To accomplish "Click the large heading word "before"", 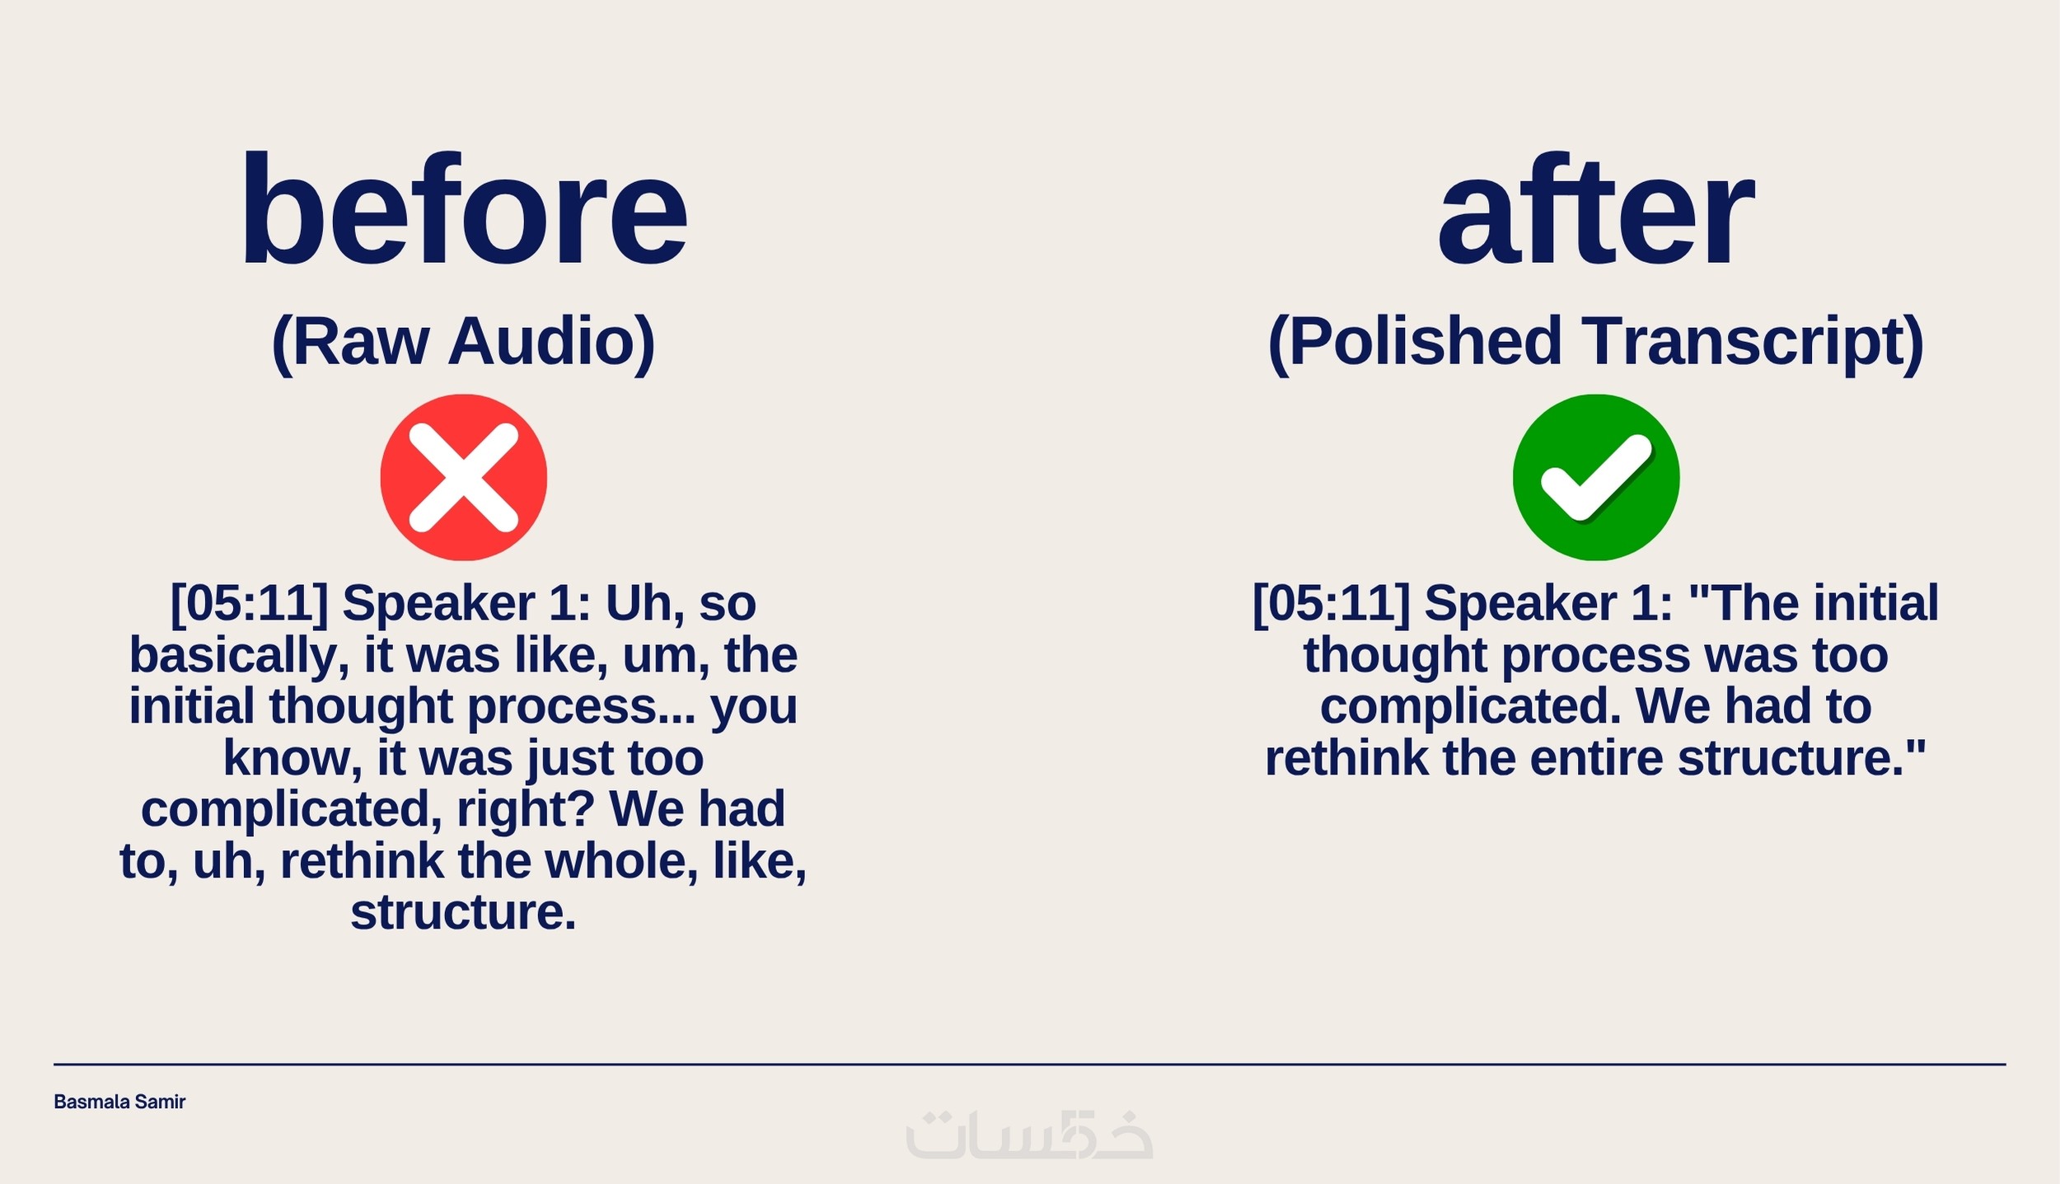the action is tap(464, 210).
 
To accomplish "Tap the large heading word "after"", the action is tap(1596, 210).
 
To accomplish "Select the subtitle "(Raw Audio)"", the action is tap(463, 342).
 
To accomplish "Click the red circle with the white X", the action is tap(463, 477).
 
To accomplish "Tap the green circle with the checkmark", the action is tap(1596, 477).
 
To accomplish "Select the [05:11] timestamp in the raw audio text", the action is tap(250, 604).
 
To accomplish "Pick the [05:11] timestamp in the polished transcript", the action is tap(1332, 604).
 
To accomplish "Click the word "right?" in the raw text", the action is tap(526, 811).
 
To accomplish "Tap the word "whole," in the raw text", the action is tap(622, 862).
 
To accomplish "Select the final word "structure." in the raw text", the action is tap(463, 913).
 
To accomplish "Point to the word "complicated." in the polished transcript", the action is tap(1471, 708).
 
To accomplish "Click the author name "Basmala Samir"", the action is tap(119, 1102).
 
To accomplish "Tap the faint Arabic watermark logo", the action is tap(1029, 1135).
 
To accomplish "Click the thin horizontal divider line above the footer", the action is tap(1030, 1065).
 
